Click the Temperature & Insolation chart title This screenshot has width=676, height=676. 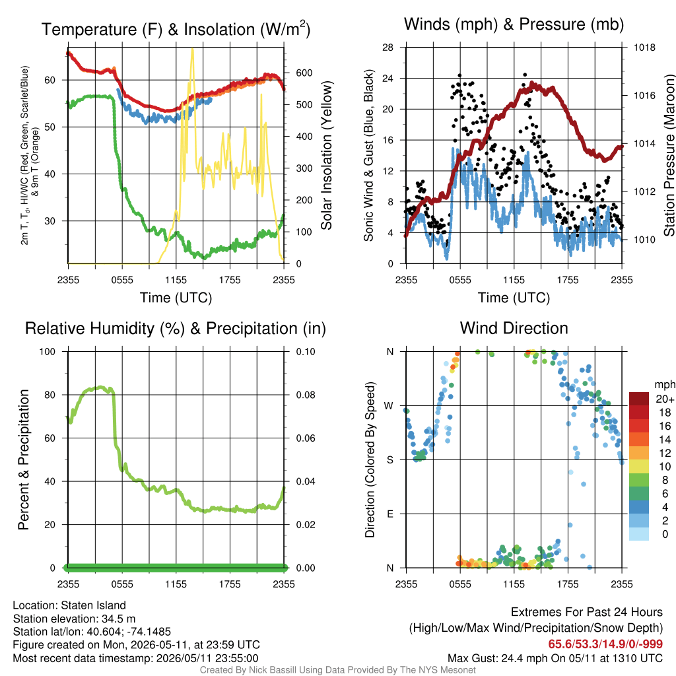point(176,29)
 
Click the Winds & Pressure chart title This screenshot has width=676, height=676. point(514,24)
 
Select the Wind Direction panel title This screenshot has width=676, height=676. point(514,328)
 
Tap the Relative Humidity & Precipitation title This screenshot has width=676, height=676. point(176,329)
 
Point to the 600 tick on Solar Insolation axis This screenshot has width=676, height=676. point(304,73)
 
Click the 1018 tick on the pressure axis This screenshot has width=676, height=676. point(644,48)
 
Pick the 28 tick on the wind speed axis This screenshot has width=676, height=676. point(388,48)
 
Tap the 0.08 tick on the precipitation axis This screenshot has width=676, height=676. point(305,395)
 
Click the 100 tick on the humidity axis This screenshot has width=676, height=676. point(48,352)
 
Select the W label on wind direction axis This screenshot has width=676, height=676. point(389,406)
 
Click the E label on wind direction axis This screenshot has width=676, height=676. point(389,514)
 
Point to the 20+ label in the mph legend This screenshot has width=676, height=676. point(665,399)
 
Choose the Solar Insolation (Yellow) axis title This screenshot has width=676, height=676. point(327,155)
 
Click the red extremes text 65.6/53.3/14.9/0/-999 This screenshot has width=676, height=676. point(605,644)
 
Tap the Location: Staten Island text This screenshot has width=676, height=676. point(69,605)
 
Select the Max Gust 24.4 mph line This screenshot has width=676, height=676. point(555,658)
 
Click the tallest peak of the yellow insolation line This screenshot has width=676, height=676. point(192,49)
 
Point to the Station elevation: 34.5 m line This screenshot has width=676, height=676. point(74,619)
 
